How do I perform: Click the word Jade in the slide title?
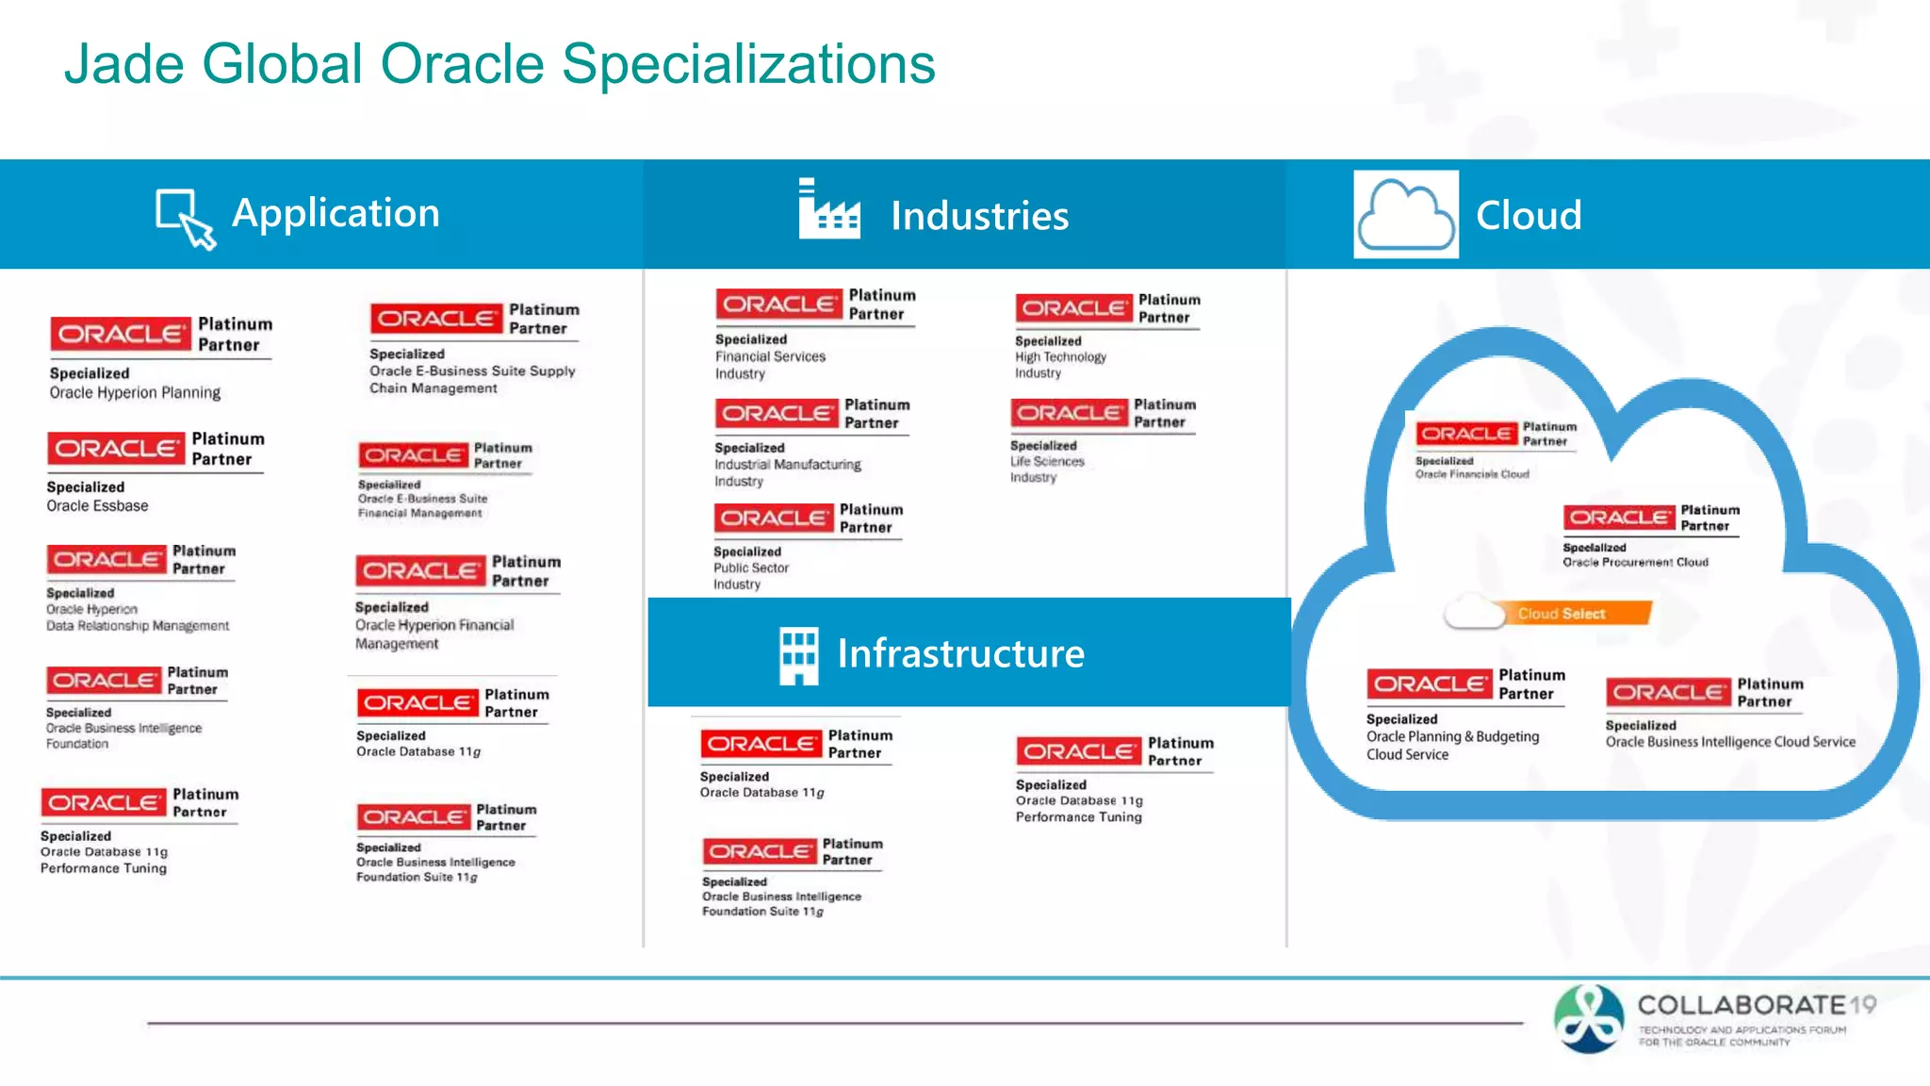pyautogui.click(x=123, y=64)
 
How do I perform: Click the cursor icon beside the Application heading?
pyautogui.click(x=186, y=218)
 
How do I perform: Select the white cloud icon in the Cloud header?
pyautogui.click(x=1405, y=215)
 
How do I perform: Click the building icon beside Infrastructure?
pyautogui.click(x=798, y=654)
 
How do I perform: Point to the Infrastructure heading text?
pyautogui.click(x=960, y=653)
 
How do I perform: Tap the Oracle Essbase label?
pyautogui.click(x=98, y=506)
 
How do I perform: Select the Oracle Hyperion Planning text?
pyautogui.click(x=135, y=393)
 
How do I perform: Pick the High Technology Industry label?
pyautogui.click(x=1059, y=365)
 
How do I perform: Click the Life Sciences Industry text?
pyautogui.click(x=1046, y=469)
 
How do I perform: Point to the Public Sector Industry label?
pyautogui.click(x=750, y=576)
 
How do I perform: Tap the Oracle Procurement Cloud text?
pyautogui.click(x=1635, y=562)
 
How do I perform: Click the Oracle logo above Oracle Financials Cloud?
pyautogui.click(x=1466, y=434)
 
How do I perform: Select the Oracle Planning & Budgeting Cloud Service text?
pyautogui.click(x=1451, y=745)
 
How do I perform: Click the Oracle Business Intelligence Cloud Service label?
pyautogui.click(x=1729, y=742)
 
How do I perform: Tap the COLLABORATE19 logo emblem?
pyautogui.click(x=1589, y=1018)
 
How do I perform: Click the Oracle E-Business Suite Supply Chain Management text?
pyautogui.click(x=471, y=380)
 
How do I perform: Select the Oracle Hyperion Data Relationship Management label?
pyautogui.click(x=137, y=617)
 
